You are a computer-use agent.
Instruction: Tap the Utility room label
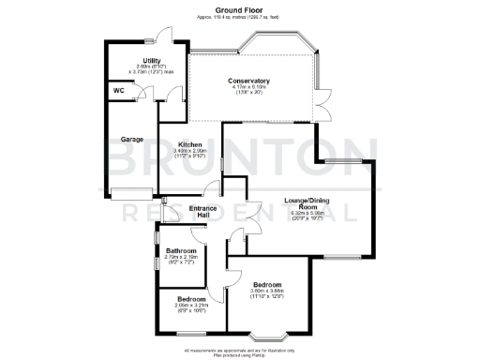tap(138, 60)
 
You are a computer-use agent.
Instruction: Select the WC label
tap(119, 90)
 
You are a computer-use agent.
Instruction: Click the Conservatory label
tap(248, 81)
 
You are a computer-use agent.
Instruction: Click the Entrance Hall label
tap(203, 211)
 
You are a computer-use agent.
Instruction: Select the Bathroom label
tap(181, 250)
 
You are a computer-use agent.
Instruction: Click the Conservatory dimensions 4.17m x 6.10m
tap(248, 89)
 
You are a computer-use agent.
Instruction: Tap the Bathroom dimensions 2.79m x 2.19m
tap(181, 259)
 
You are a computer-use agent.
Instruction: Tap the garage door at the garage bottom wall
tap(131, 195)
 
